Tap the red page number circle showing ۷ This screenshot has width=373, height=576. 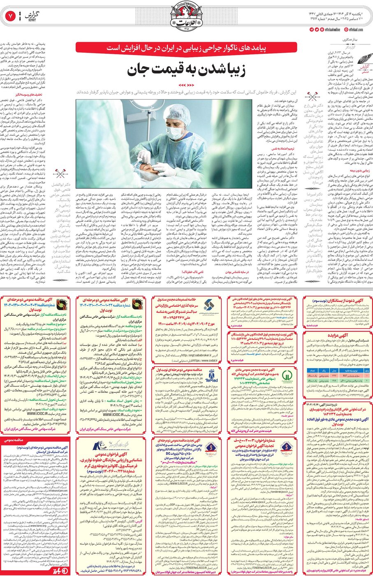point(10,16)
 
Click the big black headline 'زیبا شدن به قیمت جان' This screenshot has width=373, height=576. point(186,69)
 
